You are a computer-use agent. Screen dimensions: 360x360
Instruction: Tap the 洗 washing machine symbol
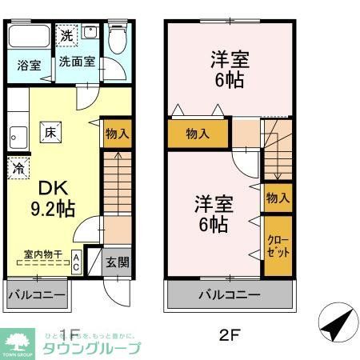coord(68,35)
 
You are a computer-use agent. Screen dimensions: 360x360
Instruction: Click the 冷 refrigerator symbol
coord(17,169)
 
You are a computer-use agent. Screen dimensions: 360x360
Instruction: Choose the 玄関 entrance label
coord(117,262)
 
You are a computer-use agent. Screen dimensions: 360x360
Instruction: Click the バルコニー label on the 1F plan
coord(36,295)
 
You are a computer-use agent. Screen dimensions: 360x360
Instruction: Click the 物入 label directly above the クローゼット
coord(277,198)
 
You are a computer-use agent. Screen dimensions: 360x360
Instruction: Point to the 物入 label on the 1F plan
coord(117,133)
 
